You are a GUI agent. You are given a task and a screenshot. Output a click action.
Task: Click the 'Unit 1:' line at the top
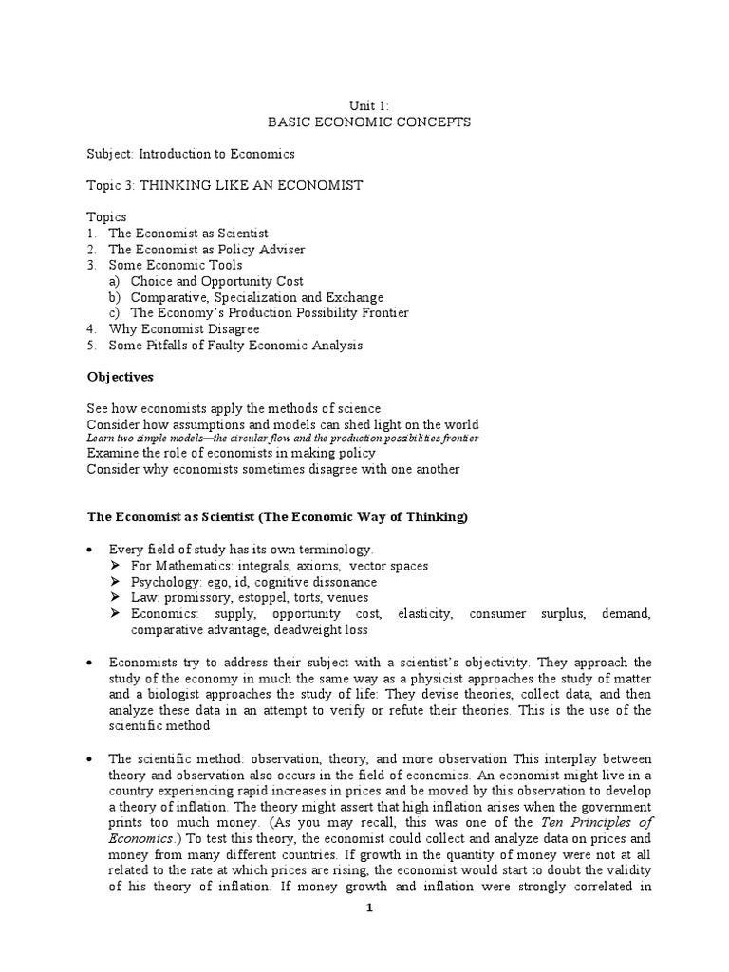pos(364,105)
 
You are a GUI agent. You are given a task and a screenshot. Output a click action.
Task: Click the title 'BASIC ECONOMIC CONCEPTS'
pos(364,121)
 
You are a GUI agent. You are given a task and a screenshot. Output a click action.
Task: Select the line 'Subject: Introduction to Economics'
pos(191,153)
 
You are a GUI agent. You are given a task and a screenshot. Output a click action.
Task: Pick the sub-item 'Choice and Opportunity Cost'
pos(216,281)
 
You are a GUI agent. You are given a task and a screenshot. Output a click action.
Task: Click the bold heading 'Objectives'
pos(120,377)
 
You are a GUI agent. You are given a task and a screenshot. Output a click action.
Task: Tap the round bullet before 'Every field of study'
pos(90,550)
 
